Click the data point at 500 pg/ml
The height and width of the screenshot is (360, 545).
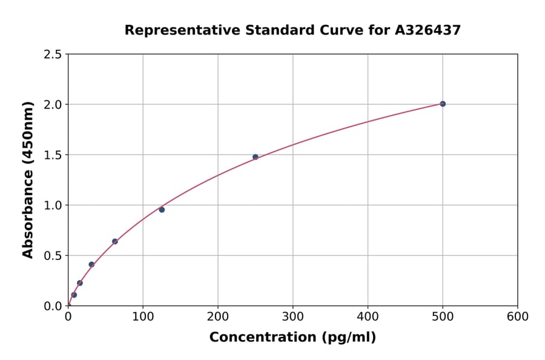point(443,104)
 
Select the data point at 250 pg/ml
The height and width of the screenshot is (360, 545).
point(256,157)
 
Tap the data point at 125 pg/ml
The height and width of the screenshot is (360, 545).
point(162,210)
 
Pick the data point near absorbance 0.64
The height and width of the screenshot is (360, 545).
point(115,241)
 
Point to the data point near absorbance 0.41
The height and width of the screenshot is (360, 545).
point(91,264)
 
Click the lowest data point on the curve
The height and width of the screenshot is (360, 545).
point(74,295)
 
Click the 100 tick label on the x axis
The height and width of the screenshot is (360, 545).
point(143,316)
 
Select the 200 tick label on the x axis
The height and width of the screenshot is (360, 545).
point(218,316)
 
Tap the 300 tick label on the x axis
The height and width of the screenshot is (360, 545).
point(293,316)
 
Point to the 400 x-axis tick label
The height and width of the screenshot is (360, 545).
point(368,316)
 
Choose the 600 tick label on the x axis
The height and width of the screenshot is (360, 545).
point(518,316)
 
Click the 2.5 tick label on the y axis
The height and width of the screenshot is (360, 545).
point(53,55)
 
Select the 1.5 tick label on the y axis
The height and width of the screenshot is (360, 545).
point(53,155)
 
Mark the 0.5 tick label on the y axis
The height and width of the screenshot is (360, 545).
point(53,256)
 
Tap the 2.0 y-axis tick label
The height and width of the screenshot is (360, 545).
point(53,105)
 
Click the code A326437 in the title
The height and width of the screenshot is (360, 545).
point(428,30)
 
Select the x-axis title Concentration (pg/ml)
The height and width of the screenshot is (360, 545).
point(292,337)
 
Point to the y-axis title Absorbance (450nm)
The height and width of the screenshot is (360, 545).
point(28,180)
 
